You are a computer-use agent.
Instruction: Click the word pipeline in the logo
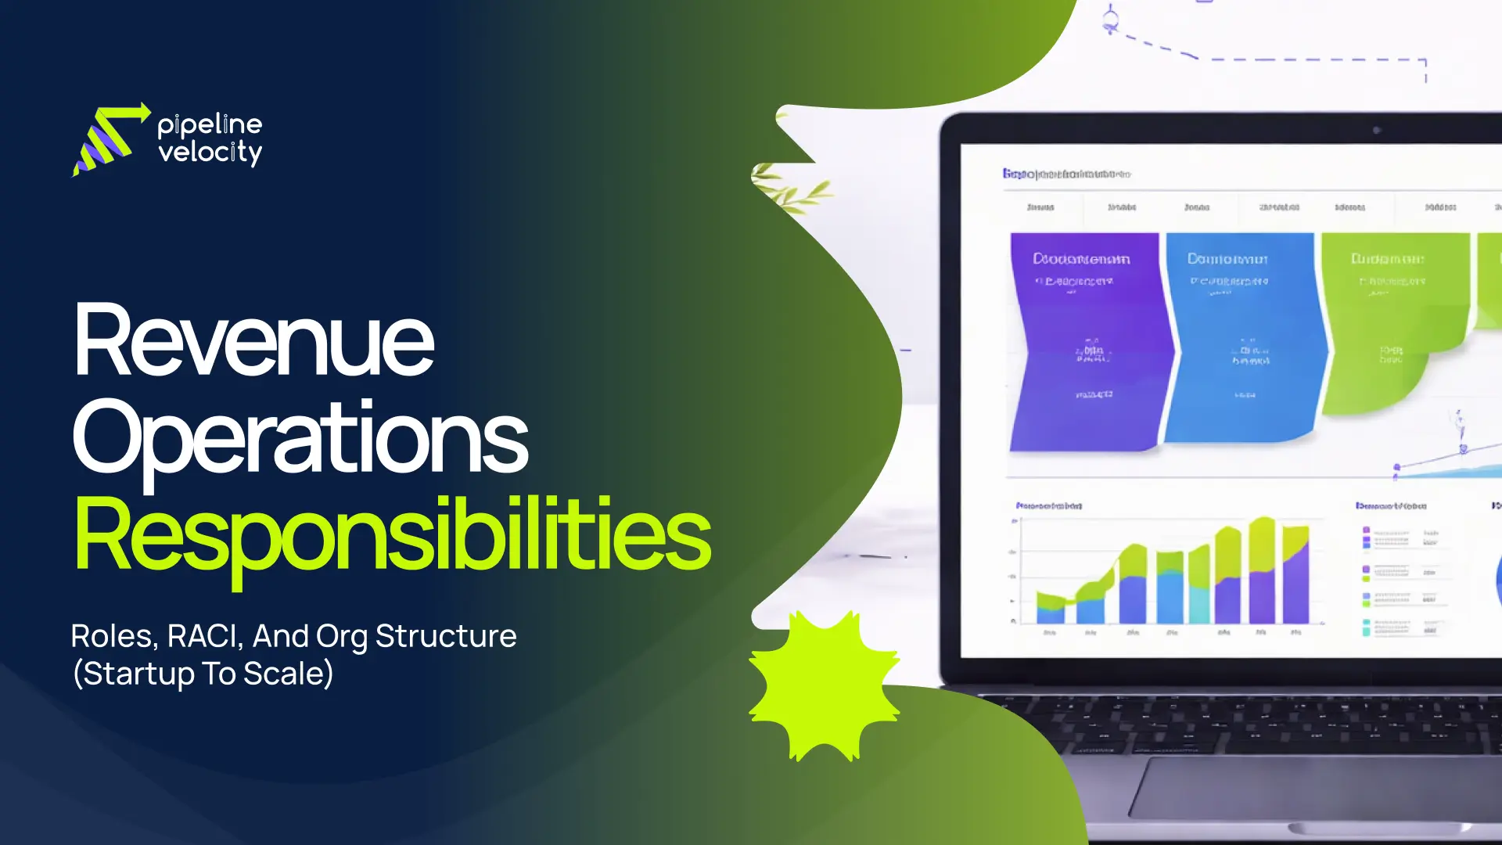tap(210, 125)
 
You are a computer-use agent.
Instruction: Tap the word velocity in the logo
tap(210, 152)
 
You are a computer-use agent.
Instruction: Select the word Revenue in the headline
tap(253, 341)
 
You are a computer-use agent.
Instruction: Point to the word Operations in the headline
tap(300, 438)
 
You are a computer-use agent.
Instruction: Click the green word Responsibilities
tap(391, 535)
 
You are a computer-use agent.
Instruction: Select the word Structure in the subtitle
tap(446, 636)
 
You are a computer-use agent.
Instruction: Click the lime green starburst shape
tap(824, 686)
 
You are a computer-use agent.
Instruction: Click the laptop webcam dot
tap(1377, 130)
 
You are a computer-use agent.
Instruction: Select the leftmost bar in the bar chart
tap(1050, 608)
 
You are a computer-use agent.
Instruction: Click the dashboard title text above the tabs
tap(1066, 174)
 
